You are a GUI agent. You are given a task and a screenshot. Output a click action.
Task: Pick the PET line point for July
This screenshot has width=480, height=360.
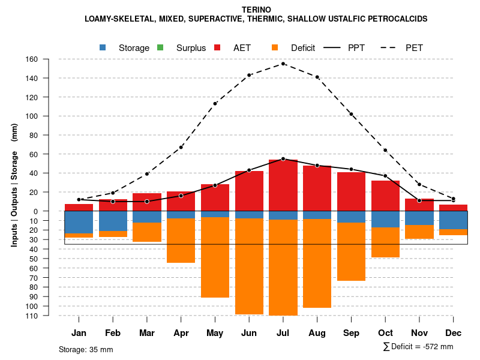point(283,64)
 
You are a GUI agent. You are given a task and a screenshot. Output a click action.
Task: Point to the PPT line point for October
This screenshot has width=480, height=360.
point(385,176)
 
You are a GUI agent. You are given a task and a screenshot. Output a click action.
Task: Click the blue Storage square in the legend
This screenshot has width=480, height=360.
point(103,47)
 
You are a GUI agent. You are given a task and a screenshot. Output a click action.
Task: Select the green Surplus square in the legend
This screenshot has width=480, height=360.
point(160,47)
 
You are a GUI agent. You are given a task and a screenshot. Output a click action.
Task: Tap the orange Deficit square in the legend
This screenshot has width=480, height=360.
point(275,47)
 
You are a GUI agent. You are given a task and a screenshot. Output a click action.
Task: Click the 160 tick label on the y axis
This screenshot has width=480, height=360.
point(32,59)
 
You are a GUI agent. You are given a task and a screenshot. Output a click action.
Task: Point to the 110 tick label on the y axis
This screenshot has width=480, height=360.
point(32,316)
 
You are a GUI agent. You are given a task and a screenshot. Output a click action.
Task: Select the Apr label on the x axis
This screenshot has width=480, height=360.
point(181,333)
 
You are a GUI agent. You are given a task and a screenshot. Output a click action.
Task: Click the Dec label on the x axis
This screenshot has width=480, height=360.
point(453,333)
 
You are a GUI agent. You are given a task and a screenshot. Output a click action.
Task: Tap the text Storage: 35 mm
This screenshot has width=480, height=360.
point(86,349)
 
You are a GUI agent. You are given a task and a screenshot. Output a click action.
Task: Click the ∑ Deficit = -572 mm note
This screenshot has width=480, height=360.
point(418,347)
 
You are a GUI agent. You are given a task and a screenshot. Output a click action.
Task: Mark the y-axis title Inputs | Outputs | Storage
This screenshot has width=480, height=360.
point(14,185)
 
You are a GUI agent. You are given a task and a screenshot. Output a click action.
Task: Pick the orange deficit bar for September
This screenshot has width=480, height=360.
point(351,251)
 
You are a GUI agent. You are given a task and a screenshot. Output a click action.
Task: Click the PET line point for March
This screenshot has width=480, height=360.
point(147,174)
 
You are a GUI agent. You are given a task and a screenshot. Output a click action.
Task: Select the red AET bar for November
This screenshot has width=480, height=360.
point(419,205)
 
